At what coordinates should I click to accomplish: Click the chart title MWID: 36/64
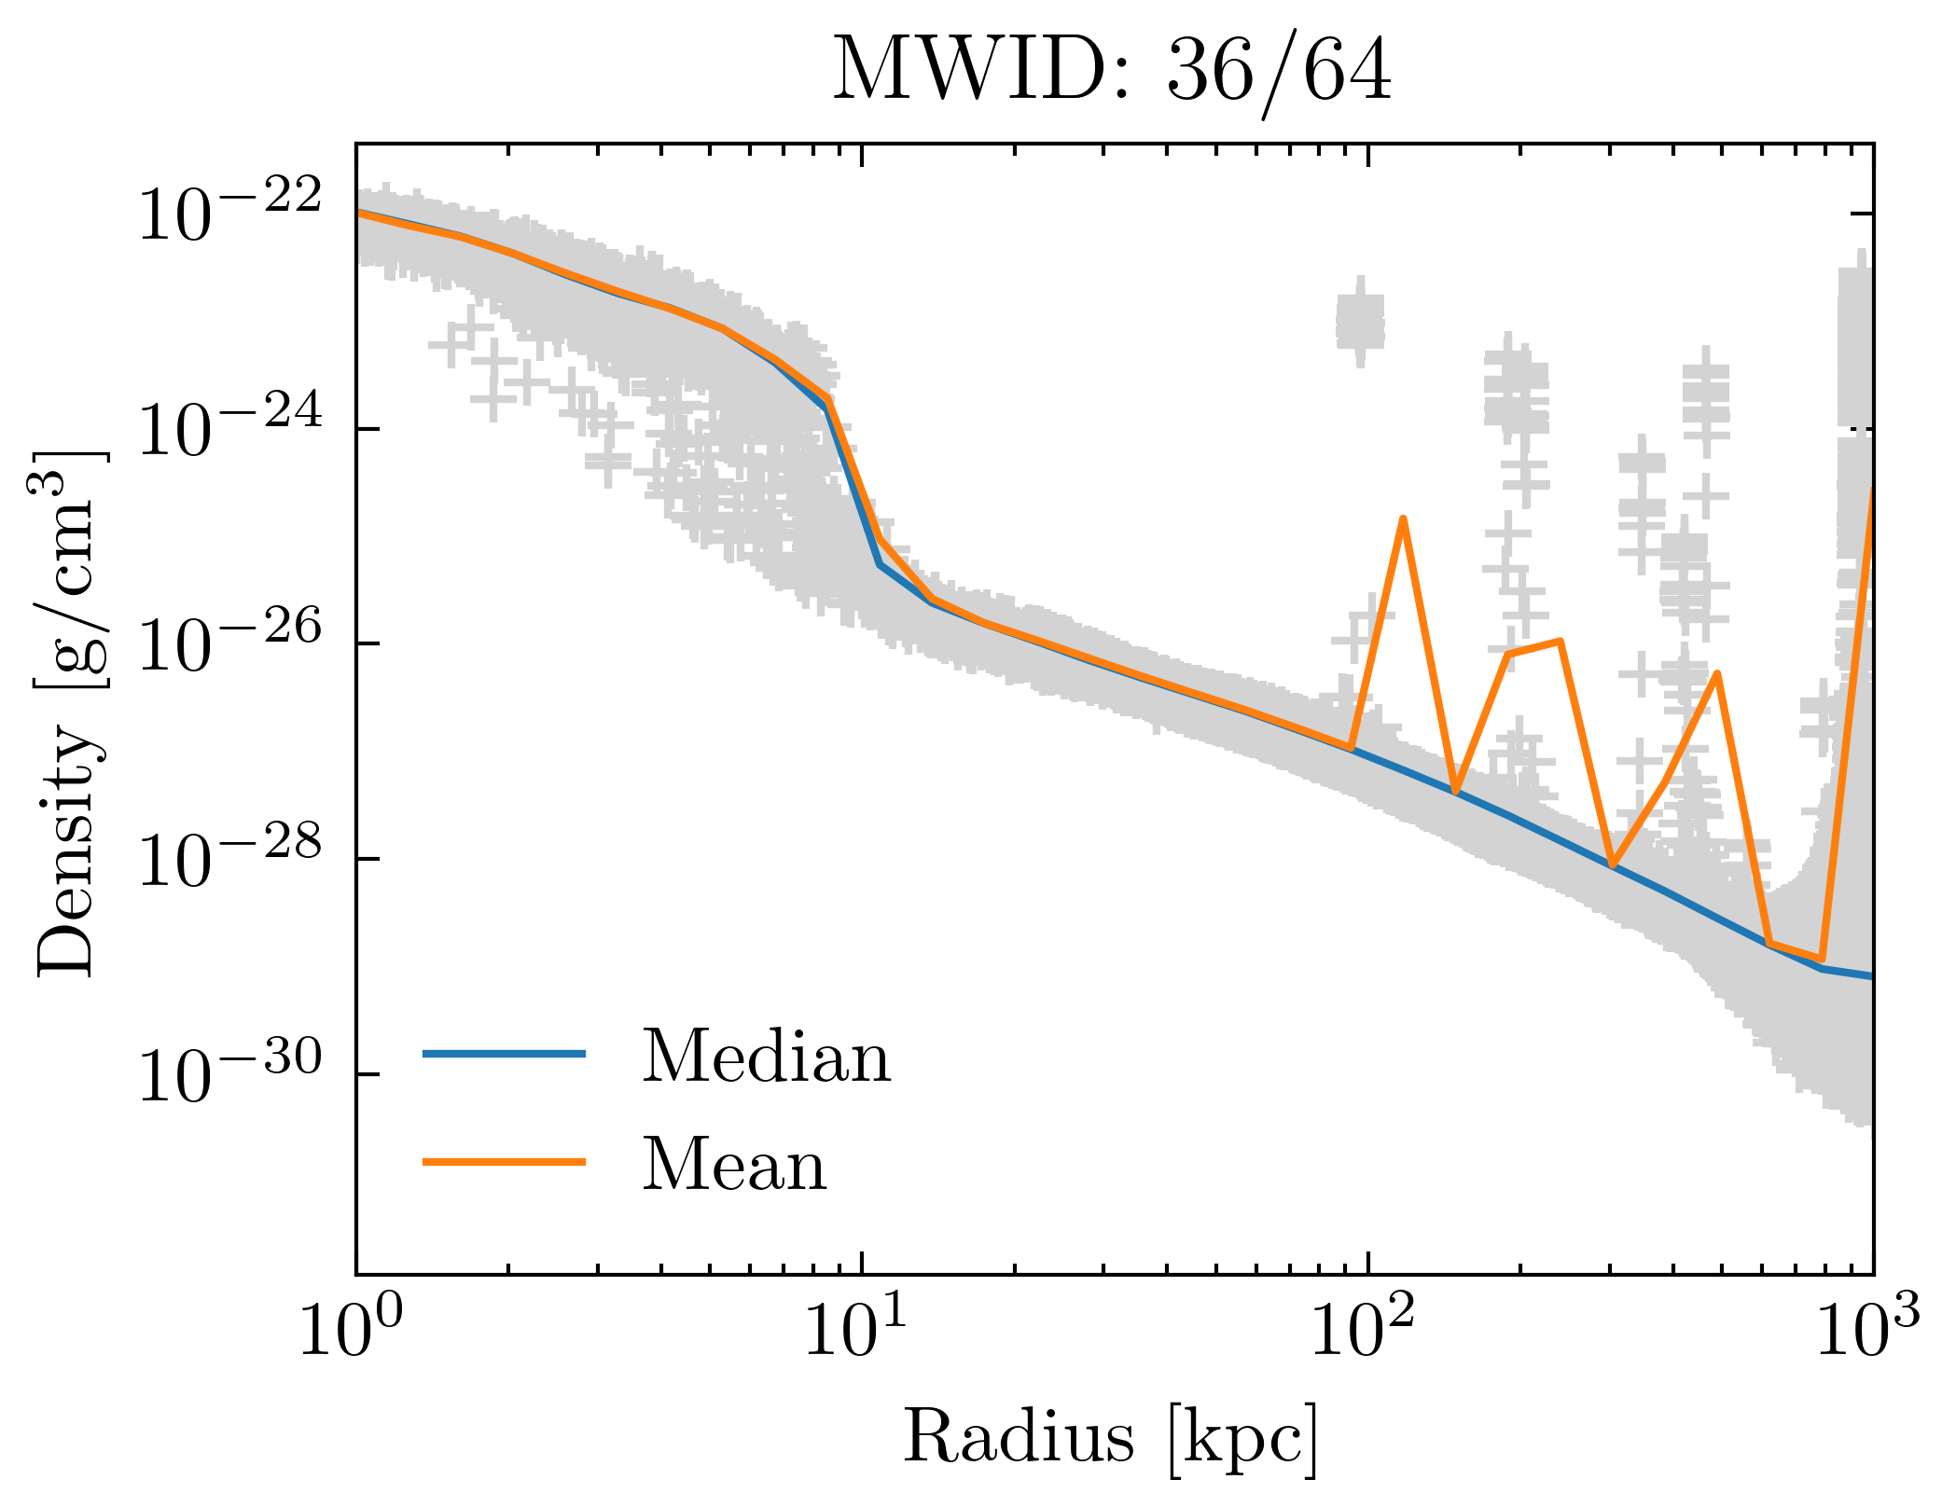tap(1111, 72)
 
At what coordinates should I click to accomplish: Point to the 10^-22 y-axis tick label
tap(229, 214)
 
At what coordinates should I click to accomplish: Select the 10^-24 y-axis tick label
tap(229, 429)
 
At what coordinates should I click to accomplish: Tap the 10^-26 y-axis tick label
tap(229, 643)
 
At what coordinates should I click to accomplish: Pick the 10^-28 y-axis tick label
tap(229, 859)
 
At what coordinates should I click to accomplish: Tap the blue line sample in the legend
tap(504, 1054)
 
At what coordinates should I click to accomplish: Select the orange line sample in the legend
tap(504, 1161)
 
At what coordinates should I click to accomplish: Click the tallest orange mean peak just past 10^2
tap(1403, 519)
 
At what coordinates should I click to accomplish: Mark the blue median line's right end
tap(1870, 976)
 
